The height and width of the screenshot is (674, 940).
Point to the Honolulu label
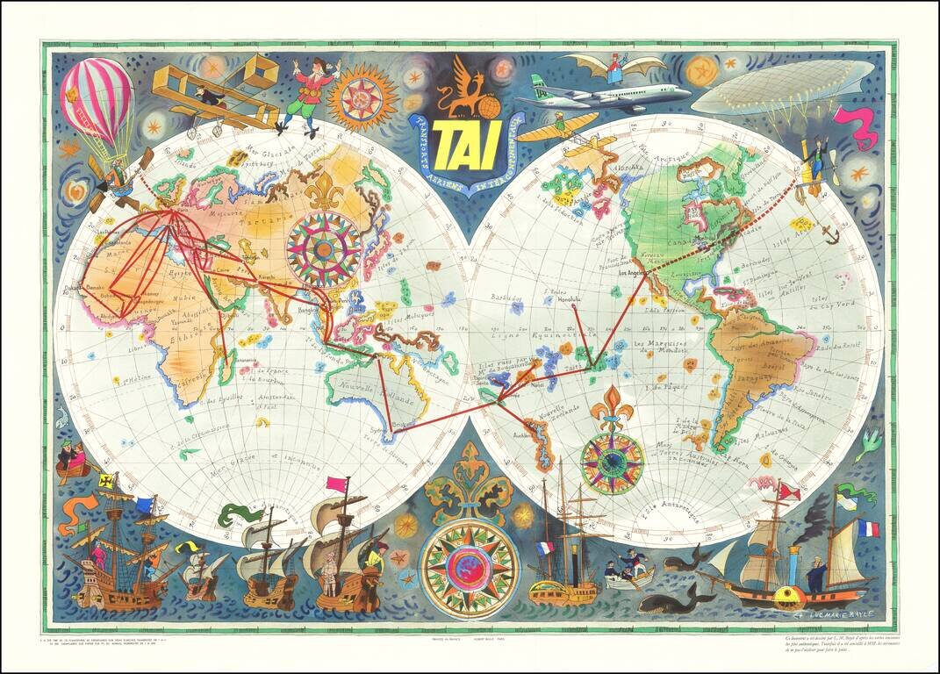(x=571, y=299)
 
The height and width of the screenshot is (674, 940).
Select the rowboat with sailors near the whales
(x=630, y=571)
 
